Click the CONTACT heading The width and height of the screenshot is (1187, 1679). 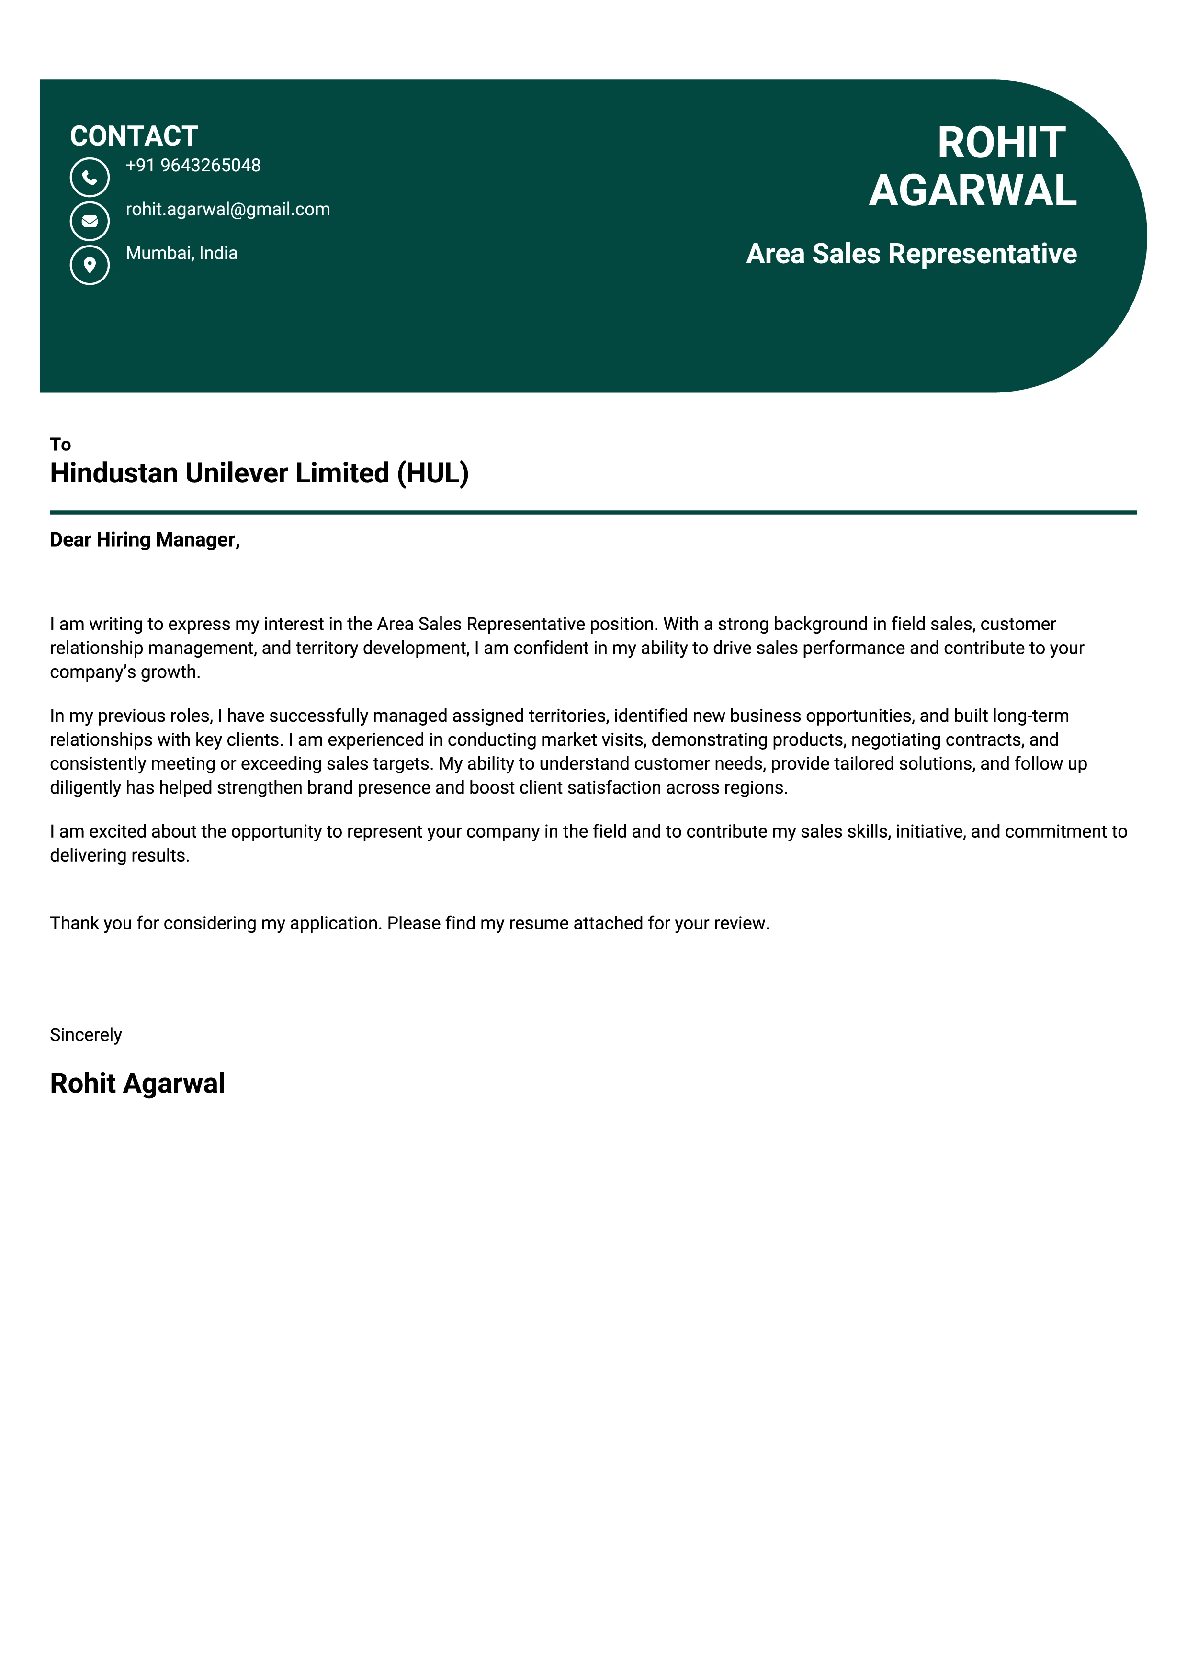point(134,136)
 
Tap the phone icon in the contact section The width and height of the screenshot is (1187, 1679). point(89,177)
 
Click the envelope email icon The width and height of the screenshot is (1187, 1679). point(89,221)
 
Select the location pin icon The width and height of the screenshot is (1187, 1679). point(89,265)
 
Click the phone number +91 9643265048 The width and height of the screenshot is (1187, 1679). point(193,165)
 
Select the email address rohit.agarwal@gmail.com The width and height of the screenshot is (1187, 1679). point(227,209)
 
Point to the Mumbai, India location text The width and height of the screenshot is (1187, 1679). point(181,253)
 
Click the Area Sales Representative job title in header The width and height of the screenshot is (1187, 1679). point(911,254)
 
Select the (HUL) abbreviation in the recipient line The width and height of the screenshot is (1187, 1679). point(432,473)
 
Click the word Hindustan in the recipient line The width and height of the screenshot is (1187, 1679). point(113,473)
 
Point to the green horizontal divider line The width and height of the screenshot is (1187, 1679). point(592,512)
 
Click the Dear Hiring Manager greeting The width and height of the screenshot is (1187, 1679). point(145,540)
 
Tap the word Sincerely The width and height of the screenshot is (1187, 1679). point(86,1035)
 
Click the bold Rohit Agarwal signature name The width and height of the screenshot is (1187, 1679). point(137,1083)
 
